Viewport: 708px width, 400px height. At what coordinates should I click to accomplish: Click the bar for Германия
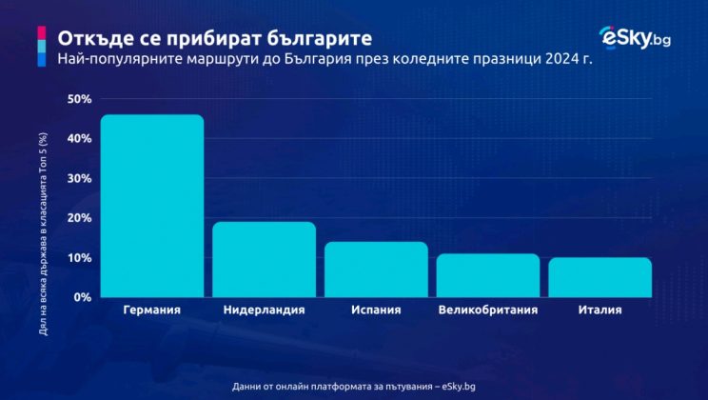(x=152, y=206)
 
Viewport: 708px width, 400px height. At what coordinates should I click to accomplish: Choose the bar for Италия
(x=600, y=277)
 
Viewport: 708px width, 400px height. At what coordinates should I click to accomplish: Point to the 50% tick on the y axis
(x=79, y=99)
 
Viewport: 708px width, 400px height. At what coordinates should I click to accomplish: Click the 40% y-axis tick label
(x=79, y=139)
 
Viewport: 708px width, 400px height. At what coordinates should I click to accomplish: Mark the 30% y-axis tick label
(x=79, y=179)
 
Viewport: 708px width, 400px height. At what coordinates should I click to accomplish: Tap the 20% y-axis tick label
(x=79, y=218)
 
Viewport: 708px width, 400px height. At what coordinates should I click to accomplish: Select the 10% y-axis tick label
(x=79, y=258)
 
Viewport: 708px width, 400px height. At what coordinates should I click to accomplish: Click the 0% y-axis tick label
(x=82, y=297)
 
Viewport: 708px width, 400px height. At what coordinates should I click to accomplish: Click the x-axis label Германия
(x=152, y=310)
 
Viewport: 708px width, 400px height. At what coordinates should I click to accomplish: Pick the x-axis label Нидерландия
(x=264, y=310)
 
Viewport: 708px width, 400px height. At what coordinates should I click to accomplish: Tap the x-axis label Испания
(x=376, y=310)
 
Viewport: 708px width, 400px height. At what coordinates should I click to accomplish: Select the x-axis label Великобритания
(x=487, y=310)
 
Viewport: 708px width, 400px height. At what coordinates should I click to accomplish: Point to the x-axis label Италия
(x=600, y=310)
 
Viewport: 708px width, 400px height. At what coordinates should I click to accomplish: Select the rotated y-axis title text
(x=42, y=221)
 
